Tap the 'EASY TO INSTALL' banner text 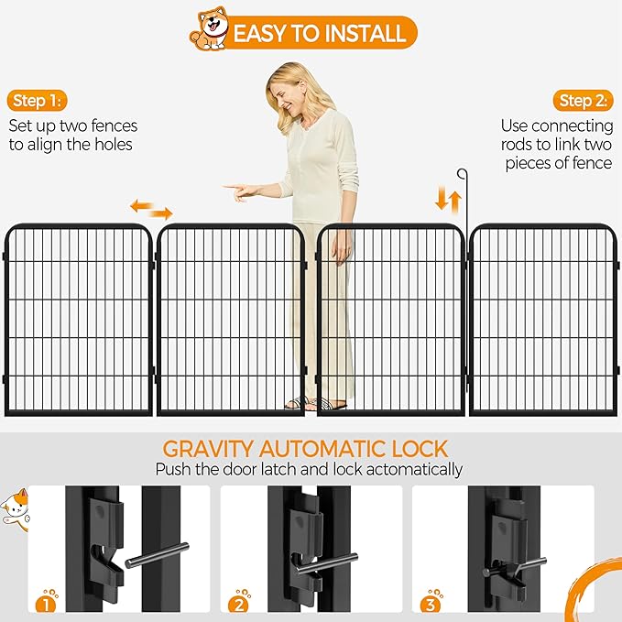pyautogui.click(x=319, y=34)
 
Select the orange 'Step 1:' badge pyautogui.click(x=38, y=101)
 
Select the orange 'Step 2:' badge pyautogui.click(x=583, y=101)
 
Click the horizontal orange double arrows pyautogui.click(x=151, y=209)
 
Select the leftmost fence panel pyautogui.click(x=78, y=318)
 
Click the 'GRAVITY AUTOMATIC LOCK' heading pyautogui.click(x=305, y=449)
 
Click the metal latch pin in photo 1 pyautogui.click(x=156, y=554)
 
